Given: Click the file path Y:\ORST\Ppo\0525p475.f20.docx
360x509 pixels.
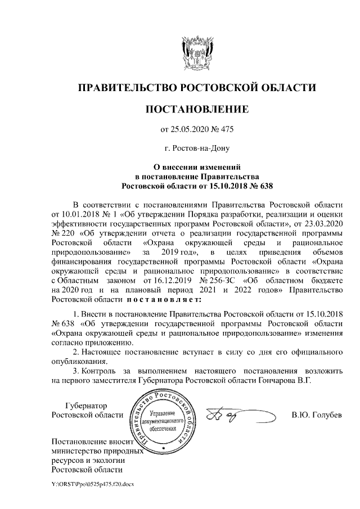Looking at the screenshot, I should coord(91,484).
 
